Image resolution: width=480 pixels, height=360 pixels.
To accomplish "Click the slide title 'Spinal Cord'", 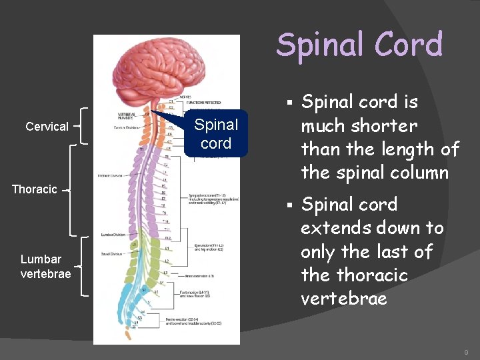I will [359, 45].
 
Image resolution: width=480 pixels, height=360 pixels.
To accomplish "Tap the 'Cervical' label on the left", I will [47, 126].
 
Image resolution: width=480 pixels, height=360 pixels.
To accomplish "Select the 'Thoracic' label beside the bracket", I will [35, 189].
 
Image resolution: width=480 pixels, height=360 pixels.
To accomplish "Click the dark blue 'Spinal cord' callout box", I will [216, 134].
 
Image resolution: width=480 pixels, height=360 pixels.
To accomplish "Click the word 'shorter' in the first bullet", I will [384, 125].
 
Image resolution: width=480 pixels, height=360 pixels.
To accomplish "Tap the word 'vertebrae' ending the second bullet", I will [343, 298].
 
